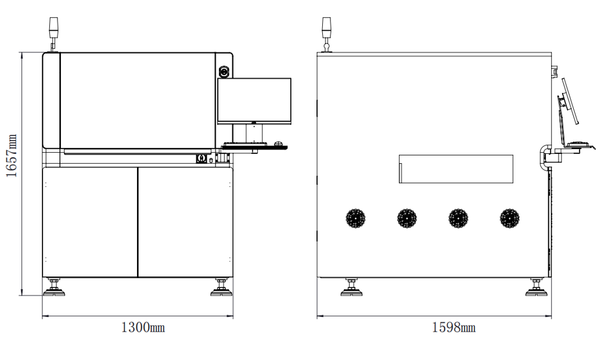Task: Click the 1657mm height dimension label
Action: (12, 156)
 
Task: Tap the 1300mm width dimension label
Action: (143, 327)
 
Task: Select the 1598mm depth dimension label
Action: (454, 327)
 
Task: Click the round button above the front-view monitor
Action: (224, 71)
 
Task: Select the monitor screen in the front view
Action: (254, 100)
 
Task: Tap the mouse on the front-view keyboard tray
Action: (279, 144)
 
